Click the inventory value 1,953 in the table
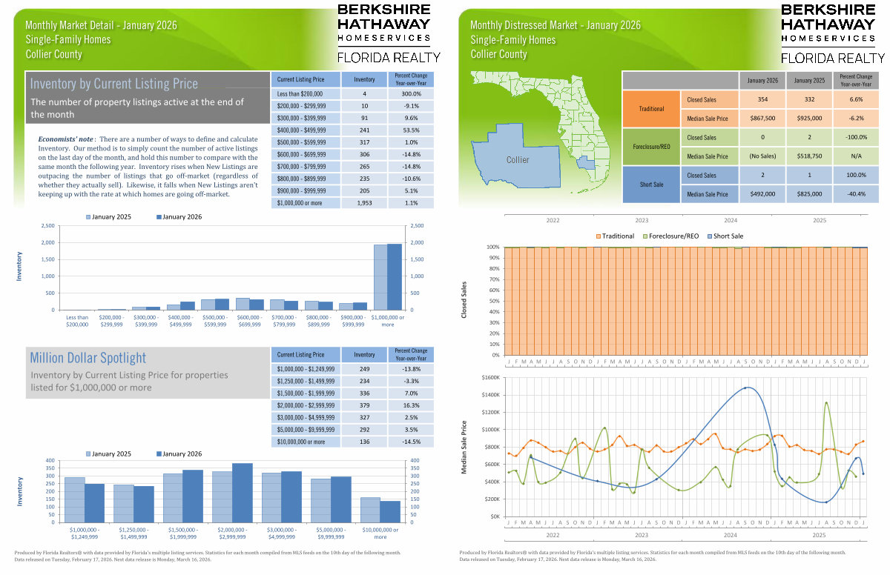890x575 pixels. [364, 202]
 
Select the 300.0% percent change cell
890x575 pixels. [411, 94]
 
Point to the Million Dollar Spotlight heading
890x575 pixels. [88, 358]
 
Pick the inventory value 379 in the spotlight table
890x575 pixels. [364, 405]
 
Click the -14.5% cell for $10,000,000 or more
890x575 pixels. [411, 442]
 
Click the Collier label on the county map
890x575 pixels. [518, 160]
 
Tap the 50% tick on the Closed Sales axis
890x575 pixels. [493, 301]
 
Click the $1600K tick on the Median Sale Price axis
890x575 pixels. [490, 378]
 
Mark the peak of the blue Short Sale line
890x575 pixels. [746, 388]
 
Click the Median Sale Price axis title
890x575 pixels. [464, 447]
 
